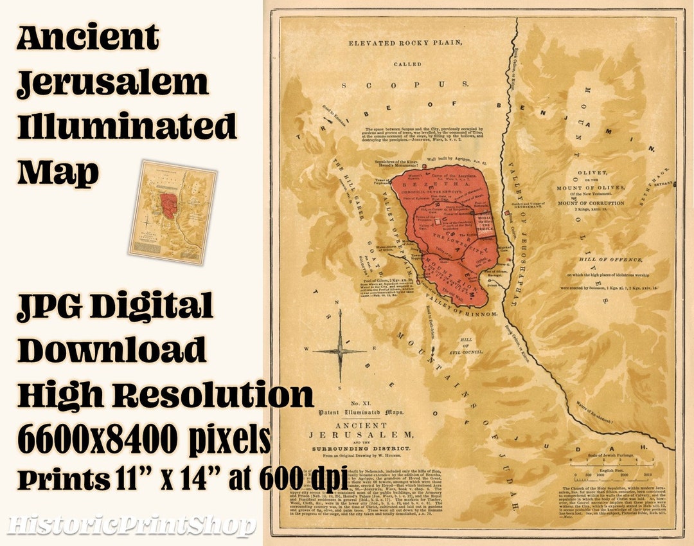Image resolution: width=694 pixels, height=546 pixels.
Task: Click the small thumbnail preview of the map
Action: coord(172,213)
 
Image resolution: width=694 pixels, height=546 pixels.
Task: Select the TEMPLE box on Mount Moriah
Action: coord(485,226)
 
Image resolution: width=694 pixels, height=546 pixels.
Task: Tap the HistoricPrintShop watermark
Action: coord(131,526)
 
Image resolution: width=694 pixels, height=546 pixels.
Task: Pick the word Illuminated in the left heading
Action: coord(127,127)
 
